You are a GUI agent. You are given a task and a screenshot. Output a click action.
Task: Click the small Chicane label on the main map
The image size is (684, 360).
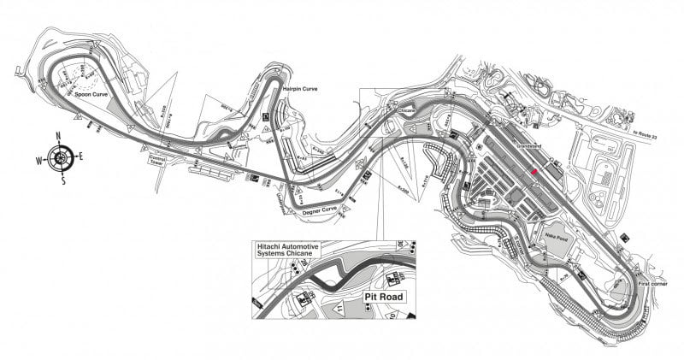pyautogui.click(x=405, y=110)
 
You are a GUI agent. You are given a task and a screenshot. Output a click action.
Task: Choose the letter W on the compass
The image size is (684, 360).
pyautogui.click(x=38, y=158)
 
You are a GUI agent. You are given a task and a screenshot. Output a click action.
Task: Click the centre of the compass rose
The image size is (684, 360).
pyautogui.click(x=59, y=158)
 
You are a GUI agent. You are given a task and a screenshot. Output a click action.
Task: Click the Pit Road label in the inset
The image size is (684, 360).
pyautogui.click(x=380, y=298)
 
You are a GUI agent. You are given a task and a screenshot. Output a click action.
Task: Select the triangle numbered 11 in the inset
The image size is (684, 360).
pyautogui.click(x=339, y=305)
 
